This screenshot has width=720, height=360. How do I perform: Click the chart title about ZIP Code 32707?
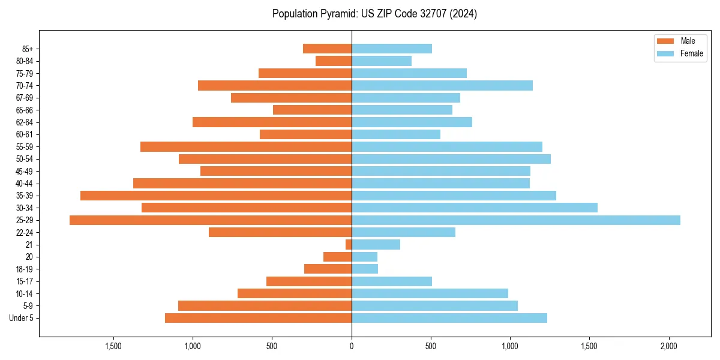pos(374,14)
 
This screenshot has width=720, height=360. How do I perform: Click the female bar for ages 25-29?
pos(516,220)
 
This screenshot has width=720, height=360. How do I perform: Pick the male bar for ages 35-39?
pos(216,196)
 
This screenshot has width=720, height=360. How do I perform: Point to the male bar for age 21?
pos(349,245)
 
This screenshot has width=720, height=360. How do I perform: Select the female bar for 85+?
pos(392,49)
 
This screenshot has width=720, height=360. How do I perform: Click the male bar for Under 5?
pos(258,318)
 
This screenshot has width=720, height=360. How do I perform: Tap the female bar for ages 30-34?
pos(475,208)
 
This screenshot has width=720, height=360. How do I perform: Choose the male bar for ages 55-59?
pos(246,147)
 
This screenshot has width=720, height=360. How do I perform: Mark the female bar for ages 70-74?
pos(442,86)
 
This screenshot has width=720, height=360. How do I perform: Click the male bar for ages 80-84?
pos(334,61)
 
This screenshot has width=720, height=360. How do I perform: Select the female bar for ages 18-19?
pos(365,269)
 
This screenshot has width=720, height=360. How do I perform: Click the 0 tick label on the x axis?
pos(352,346)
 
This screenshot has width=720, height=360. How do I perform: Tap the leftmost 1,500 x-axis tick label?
pos(113,346)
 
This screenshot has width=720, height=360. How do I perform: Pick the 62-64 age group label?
pos(24,122)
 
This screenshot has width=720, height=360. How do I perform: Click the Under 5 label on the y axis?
pos(22,318)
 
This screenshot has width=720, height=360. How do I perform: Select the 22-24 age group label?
pos(24,232)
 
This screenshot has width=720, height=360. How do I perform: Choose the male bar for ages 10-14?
pos(295,293)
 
